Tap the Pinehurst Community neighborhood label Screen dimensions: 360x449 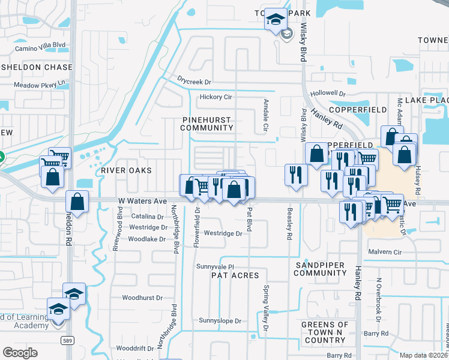pos(206,124)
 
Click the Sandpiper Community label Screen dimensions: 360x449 pos(320,268)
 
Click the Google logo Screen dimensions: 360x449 pos(20,352)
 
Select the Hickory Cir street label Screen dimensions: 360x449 pos(215,97)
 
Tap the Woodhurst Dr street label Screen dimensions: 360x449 pos(142,298)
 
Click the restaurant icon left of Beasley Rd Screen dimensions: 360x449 pos(295,175)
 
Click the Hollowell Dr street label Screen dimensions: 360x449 pos(328,94)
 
